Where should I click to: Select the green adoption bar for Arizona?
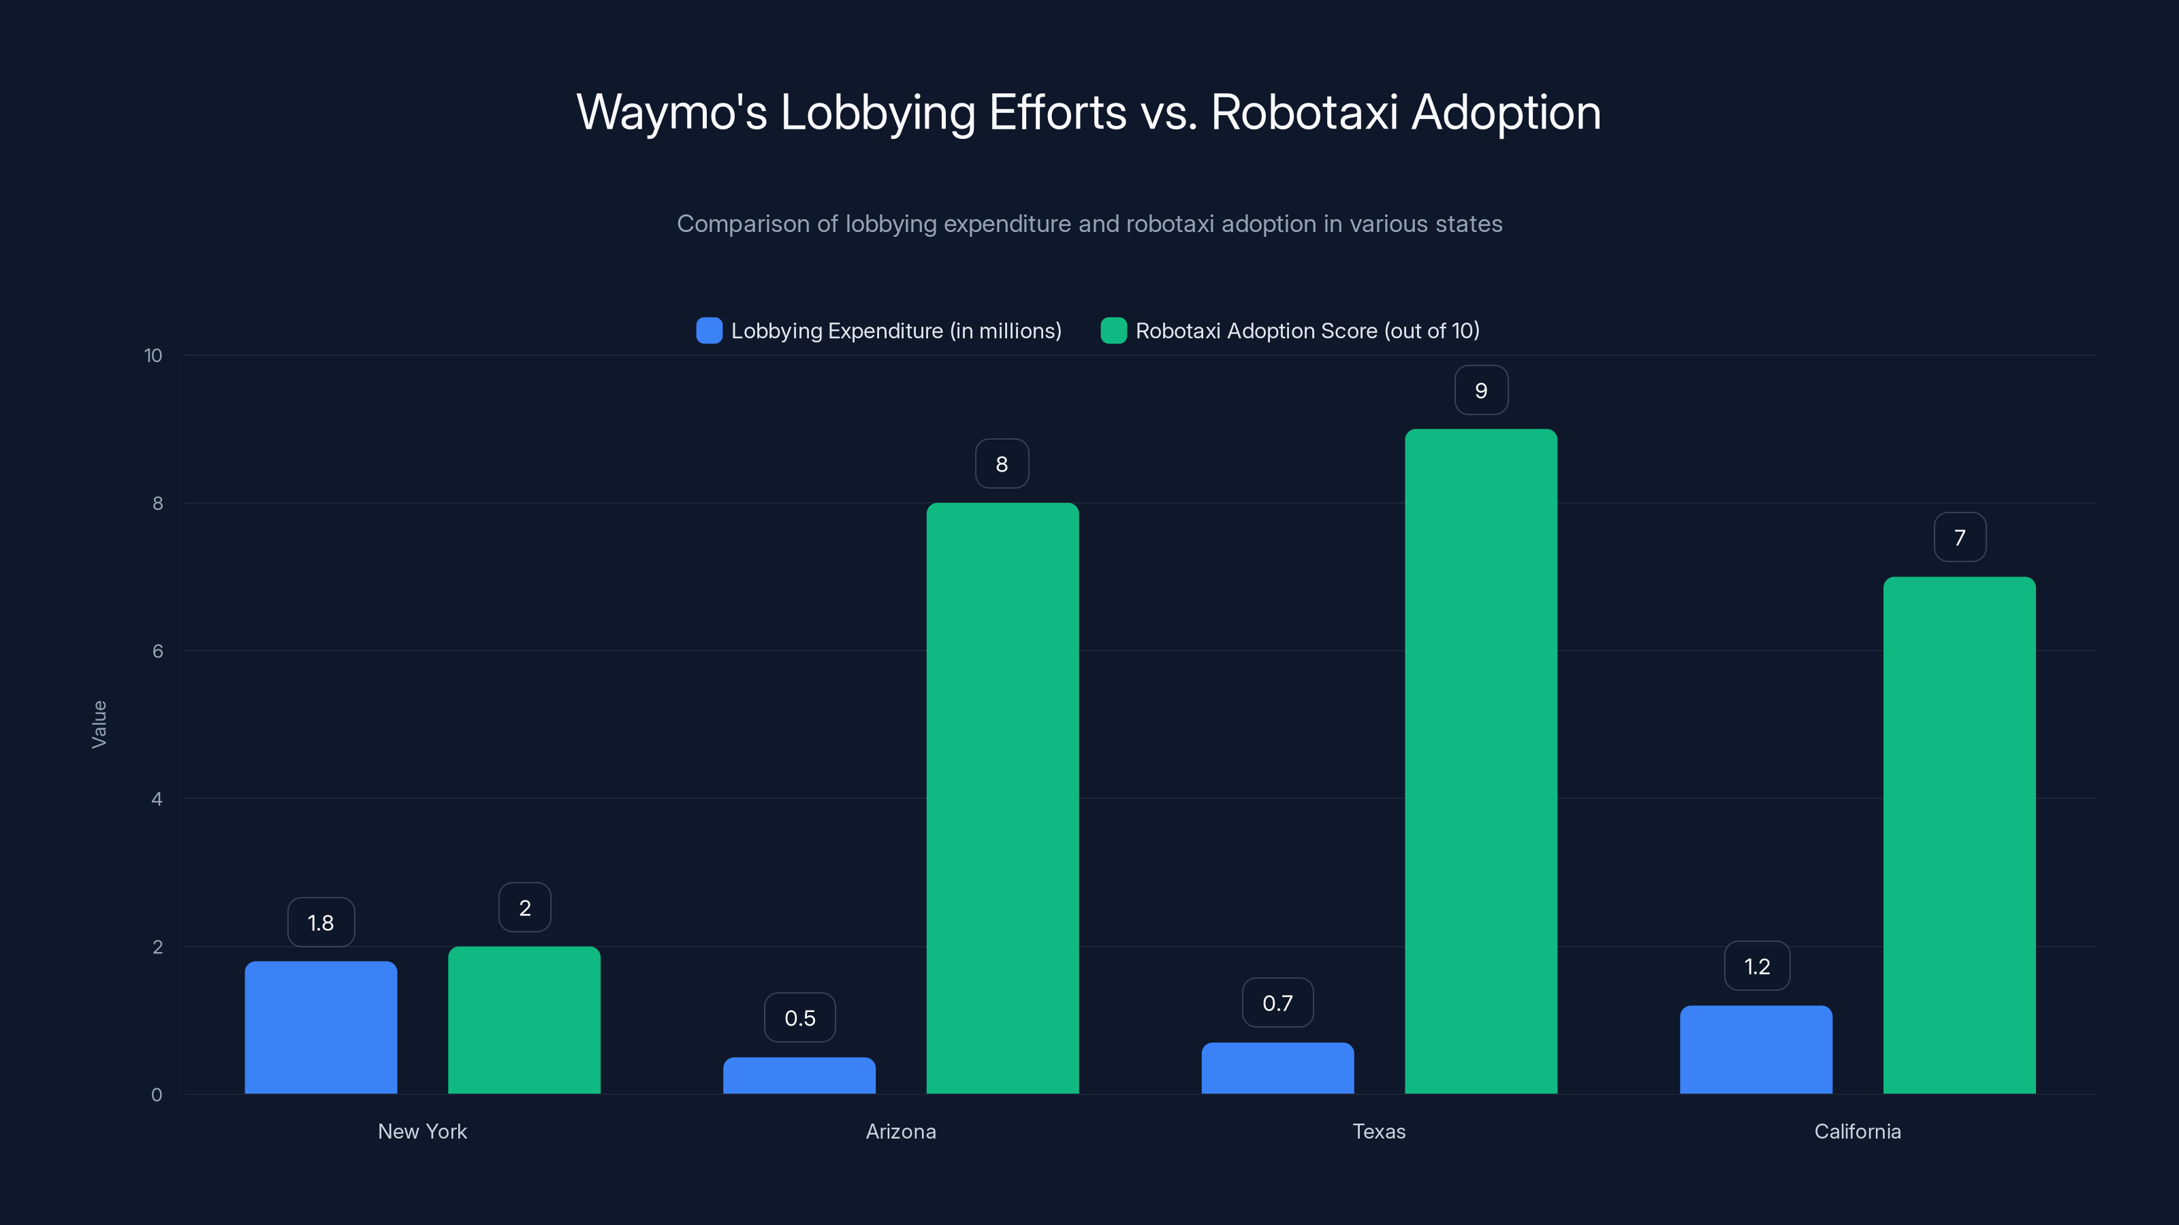coord(1002,798)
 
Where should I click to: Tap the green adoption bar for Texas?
coord(1480,761)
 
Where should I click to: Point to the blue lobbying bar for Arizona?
coord(799,1075)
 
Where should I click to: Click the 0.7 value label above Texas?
coord(1277,1002)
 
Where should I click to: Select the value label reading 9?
coord(1480,391)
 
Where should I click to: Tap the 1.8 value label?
coord(321,922)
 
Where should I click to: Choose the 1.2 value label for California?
coord(1757,966)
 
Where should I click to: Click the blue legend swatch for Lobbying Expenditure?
coord(709,331)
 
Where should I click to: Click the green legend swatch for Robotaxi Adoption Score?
coord(1113,331)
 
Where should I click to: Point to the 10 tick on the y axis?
coord(153,356)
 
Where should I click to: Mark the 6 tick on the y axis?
coord(157,651)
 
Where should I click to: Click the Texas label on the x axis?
coord(1379,1131)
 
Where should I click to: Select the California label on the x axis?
coord(1858,1131)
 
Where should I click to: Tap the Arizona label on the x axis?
coord(901,1131)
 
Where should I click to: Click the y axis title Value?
coord(99,723)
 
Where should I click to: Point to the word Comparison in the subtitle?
coord(743,224)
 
